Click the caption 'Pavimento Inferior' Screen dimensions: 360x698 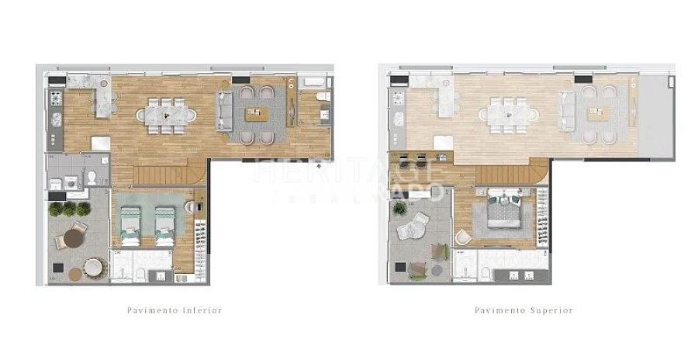pyautogui.click(x=174, y=310)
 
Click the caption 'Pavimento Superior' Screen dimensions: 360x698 pyautogui.click(x=523, y=310)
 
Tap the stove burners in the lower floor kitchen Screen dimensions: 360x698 pyautogui.click(x=55, y=99)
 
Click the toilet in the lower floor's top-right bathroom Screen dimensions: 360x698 pyautogui.click(x=323, y=96)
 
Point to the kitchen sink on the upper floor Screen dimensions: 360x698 pyautogui.click(x=398, y=119)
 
